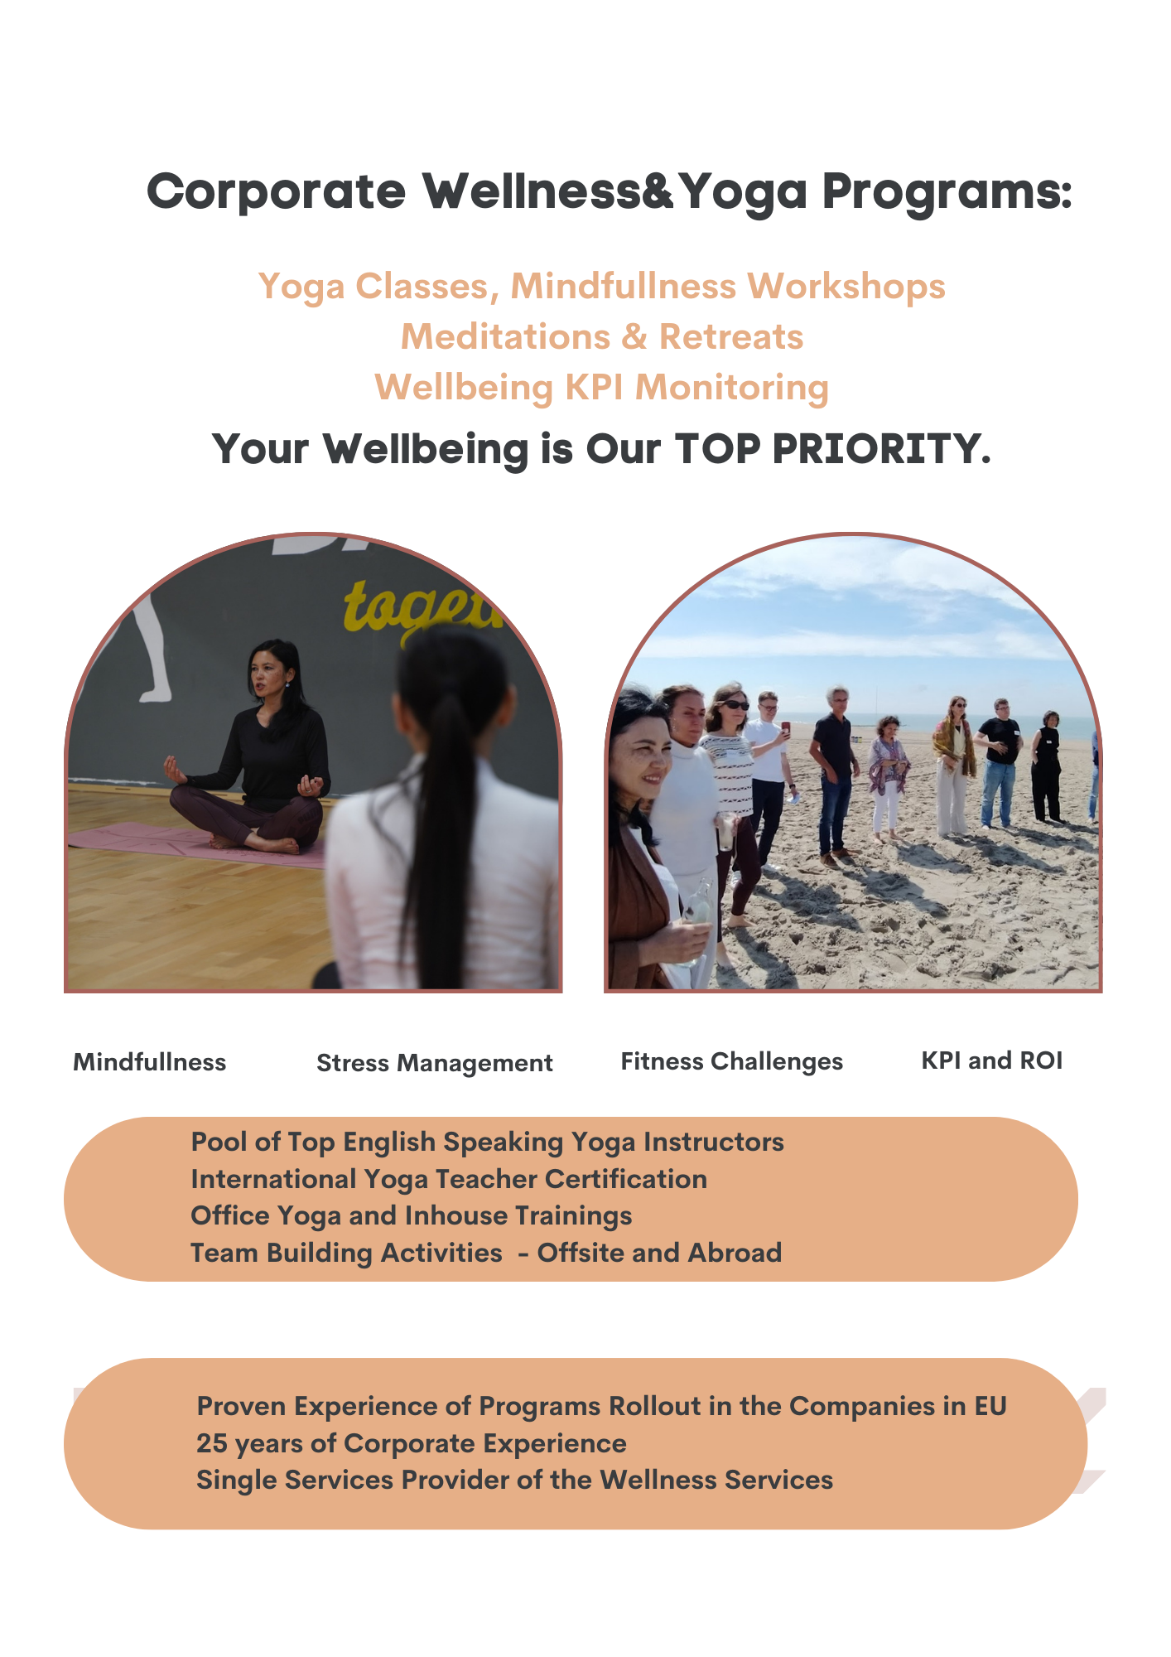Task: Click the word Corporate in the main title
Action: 277,192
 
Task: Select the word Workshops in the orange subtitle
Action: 846,287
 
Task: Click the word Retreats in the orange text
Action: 731,337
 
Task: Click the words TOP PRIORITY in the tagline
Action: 833,449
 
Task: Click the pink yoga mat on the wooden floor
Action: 199,843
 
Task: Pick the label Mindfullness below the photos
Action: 150,1062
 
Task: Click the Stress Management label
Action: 435,1063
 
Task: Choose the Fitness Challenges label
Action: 732,1062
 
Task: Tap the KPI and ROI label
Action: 992,1060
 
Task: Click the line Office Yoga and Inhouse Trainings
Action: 412,1216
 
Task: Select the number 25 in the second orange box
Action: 211,1443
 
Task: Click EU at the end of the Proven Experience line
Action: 990,1406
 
